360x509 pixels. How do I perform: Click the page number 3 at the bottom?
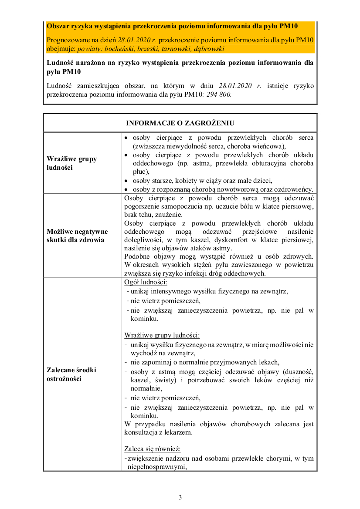(x=180, y=497)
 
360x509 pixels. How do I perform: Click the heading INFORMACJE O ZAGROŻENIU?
(x=180, y=123)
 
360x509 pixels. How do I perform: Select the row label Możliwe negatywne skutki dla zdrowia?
(x=77, y=236)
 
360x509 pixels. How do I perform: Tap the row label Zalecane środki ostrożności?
(x=71, y=374)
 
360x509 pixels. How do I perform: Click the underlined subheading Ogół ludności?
(x=143, y=283)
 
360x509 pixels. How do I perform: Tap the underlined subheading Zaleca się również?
(x=152, y=448)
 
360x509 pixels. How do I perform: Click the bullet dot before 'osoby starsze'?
(x=126, y=181)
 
